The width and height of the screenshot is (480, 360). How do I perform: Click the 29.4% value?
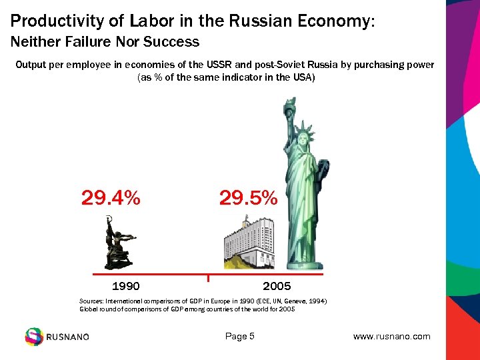point(111,198)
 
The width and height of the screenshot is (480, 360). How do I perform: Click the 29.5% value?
point(248,198)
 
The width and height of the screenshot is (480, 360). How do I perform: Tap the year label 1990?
point(125,287)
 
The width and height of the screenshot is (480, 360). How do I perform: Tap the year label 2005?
point(277,287)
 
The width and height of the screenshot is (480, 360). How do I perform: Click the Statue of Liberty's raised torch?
point(291,107)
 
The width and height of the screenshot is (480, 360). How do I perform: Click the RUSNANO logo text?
point(67,337)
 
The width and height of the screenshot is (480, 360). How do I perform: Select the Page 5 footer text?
point(240,337)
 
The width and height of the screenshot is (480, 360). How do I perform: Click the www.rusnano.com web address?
point(391,337)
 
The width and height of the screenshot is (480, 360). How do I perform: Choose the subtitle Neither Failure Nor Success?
point(105,42)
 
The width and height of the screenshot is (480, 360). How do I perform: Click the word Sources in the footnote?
point(93,301)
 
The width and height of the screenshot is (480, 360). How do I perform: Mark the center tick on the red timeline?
point(208,277)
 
